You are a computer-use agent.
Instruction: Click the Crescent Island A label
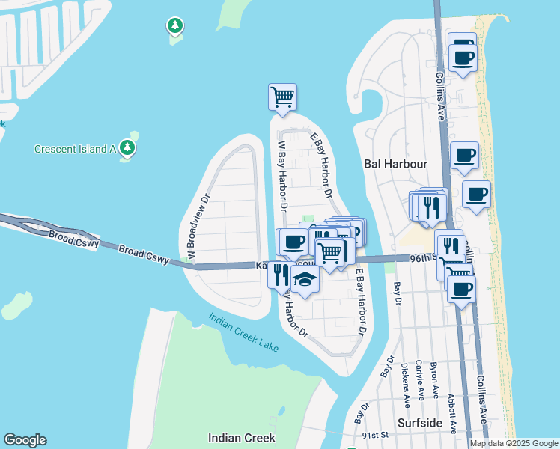point(74,149)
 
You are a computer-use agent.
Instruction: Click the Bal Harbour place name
point(395,163)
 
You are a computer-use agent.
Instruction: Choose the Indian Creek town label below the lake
point(242,438)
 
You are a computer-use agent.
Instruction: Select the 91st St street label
point(374,435)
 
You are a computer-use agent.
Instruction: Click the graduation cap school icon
point(305,280)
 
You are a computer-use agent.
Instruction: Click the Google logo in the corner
point(25,440)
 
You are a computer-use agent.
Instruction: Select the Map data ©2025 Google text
point(514,443)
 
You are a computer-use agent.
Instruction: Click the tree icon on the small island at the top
point(174,27)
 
